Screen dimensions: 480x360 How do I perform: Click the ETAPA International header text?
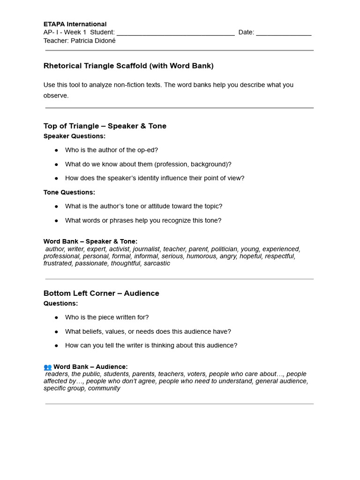(75, 24)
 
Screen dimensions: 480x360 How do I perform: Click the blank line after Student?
(175, 33)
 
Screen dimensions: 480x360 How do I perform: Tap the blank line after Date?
(284, 33)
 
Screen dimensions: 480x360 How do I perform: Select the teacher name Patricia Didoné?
(93, 41)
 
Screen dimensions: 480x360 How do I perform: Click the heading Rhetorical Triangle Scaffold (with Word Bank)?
(128, 66)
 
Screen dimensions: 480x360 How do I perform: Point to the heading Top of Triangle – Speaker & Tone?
(105, 126)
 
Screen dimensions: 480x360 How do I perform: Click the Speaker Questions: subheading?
(75, 136)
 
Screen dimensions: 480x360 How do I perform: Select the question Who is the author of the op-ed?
(112, 150)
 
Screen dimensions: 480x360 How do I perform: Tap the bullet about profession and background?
(148, 164)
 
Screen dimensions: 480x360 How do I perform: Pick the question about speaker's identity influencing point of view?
(155, 178)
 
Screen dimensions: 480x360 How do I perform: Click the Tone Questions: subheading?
(69, 192)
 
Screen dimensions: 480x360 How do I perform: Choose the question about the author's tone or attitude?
(143, 206)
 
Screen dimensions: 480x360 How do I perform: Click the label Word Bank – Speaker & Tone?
(90, 241)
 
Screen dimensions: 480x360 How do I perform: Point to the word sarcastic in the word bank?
(157, 263)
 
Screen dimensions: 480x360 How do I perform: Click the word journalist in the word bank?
(147, 249)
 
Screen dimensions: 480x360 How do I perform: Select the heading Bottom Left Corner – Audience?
(101, 293)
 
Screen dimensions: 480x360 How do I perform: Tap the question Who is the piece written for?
(107, 317)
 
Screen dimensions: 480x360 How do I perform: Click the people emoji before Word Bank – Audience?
(47, 367)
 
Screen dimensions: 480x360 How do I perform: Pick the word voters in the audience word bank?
(196, 374)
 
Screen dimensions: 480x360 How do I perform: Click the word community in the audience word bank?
(104, 388)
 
